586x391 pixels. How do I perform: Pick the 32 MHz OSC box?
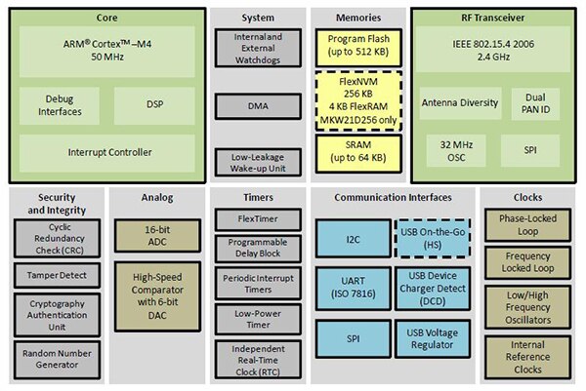click(x=455, y=151)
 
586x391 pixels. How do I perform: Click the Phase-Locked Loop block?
click(x=532, y=226)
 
